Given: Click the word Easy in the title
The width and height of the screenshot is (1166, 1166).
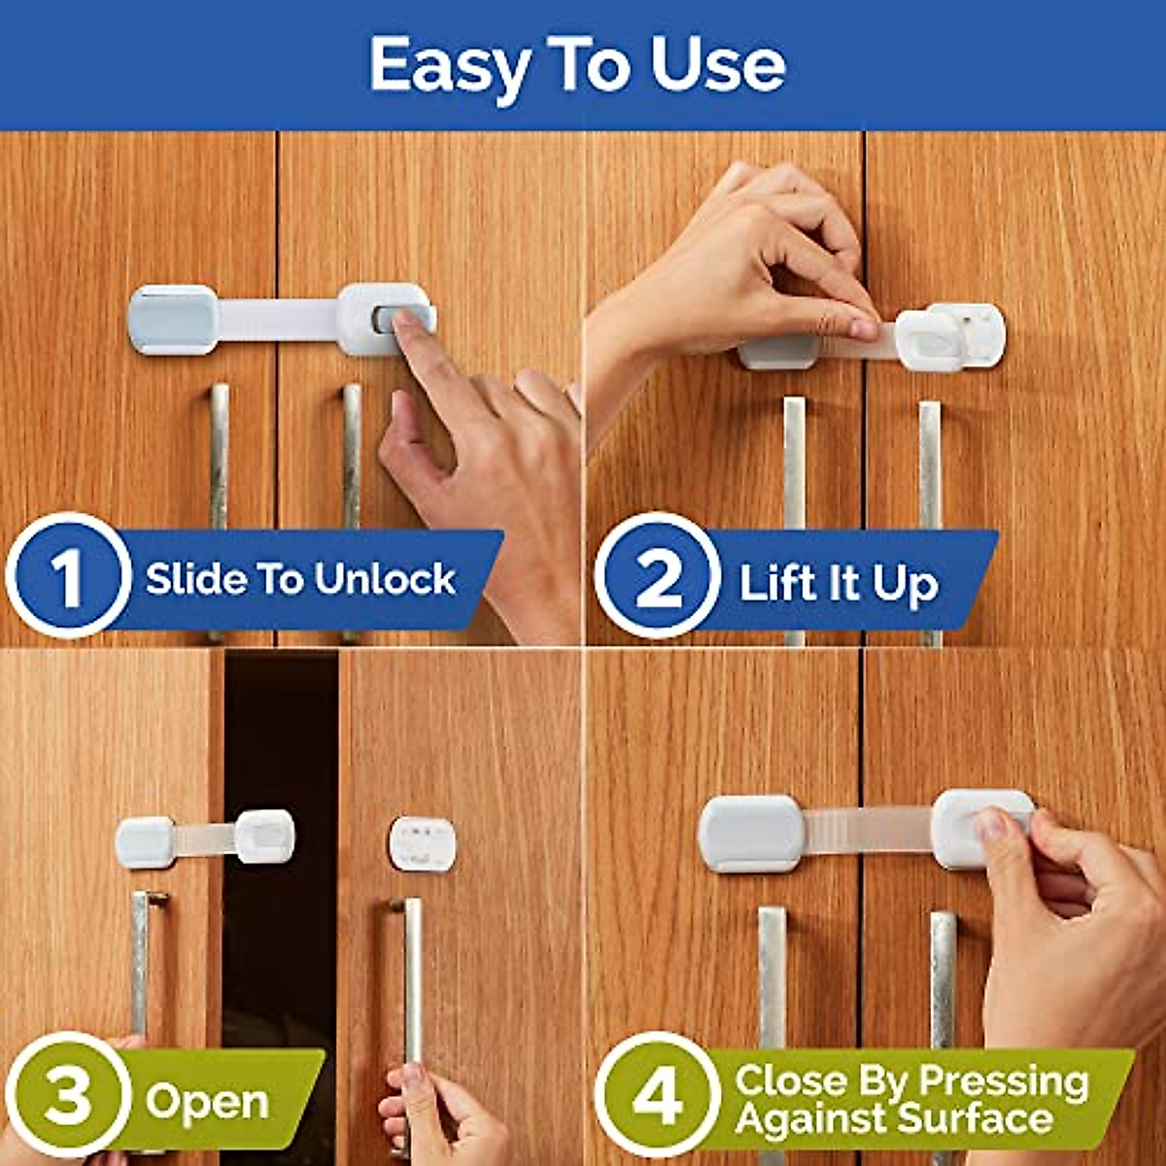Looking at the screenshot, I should [x=449, y=66].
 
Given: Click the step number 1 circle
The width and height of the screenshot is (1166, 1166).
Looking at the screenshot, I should [x=68, y=575].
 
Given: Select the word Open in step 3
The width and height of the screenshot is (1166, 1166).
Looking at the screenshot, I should [x=207, y=1101].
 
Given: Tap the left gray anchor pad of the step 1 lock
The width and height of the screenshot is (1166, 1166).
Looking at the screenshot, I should [x=173, y=320].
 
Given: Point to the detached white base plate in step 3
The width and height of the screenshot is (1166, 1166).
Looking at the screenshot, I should [x=422, y=843].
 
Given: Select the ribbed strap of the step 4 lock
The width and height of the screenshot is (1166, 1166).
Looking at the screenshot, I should [x=868, y=831].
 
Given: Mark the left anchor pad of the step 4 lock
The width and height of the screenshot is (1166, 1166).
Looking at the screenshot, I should [x=751, y=833].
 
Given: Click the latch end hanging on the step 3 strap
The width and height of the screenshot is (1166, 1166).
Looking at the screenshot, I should [x=264, y=836].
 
